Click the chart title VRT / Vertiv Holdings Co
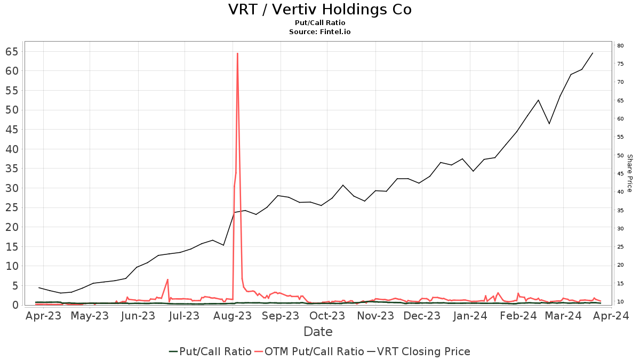click(319, 10)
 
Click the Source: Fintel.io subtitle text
click(319, 31)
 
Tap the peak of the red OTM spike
click(237, 53)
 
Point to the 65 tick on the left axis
click(12, 52)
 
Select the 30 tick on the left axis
click(12, 188)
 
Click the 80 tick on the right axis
click(620, 46)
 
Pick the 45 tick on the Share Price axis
click(620, 174)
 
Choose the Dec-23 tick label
click(422, 316)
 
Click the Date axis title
click(318, 332)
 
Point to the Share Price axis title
click(629, 173)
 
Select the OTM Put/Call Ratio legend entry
click(309, 351)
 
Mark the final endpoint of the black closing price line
click(593, 53)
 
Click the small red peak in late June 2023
click(167, 279)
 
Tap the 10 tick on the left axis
click(12, 266)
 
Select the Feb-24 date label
click(518, 316)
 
